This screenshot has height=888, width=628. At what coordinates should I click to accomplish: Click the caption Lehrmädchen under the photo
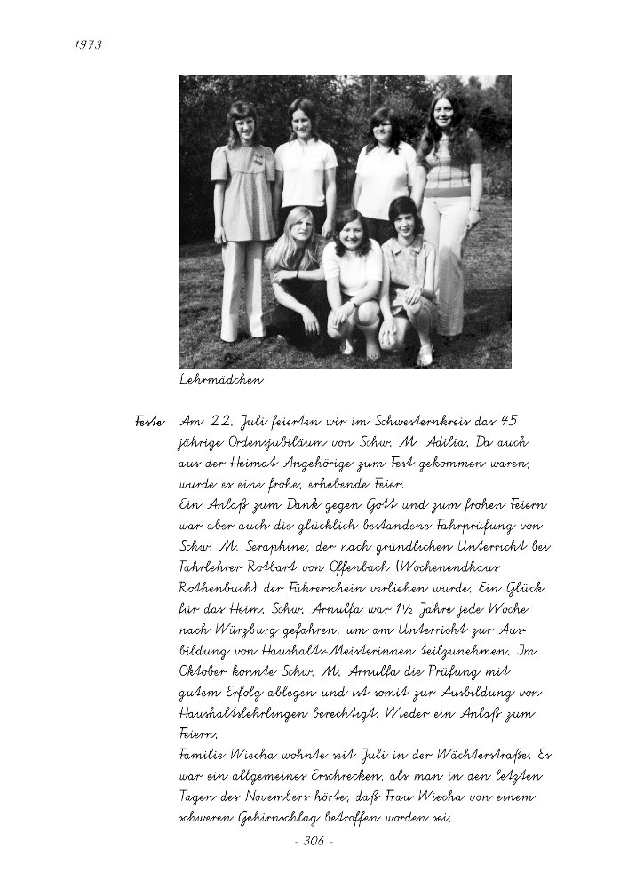221,381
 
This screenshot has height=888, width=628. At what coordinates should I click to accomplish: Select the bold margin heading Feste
150,421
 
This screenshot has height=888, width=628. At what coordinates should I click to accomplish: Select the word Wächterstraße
482,756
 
